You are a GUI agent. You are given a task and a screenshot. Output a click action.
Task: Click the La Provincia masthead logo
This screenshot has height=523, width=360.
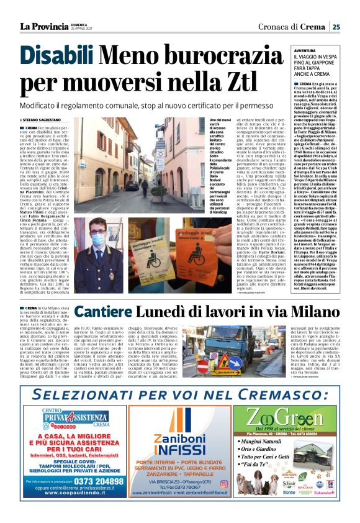43,27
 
